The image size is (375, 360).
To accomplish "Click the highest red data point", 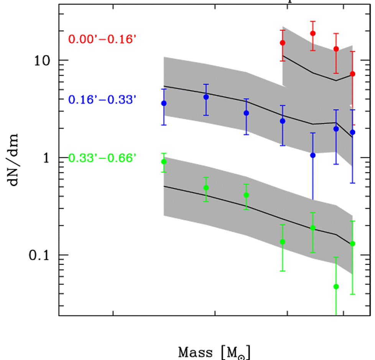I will coord(313,33).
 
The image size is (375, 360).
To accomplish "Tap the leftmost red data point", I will coord(283,43).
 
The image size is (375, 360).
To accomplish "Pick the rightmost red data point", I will coord(352,74).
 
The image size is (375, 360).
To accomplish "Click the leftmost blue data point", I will coord(164,103).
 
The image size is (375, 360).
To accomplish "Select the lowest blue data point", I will coord(313,155).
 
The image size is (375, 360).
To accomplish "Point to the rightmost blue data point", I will coord(352,132).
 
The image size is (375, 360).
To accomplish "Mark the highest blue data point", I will coord(206,97).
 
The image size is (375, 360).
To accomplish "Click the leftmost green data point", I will coord(164,162).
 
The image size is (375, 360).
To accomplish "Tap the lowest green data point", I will coord(336,287).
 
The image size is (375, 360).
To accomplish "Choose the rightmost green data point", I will coord(352,244).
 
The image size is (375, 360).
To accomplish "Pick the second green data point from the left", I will coord(206,188).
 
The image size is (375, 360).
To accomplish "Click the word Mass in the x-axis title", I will coord(195,351).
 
